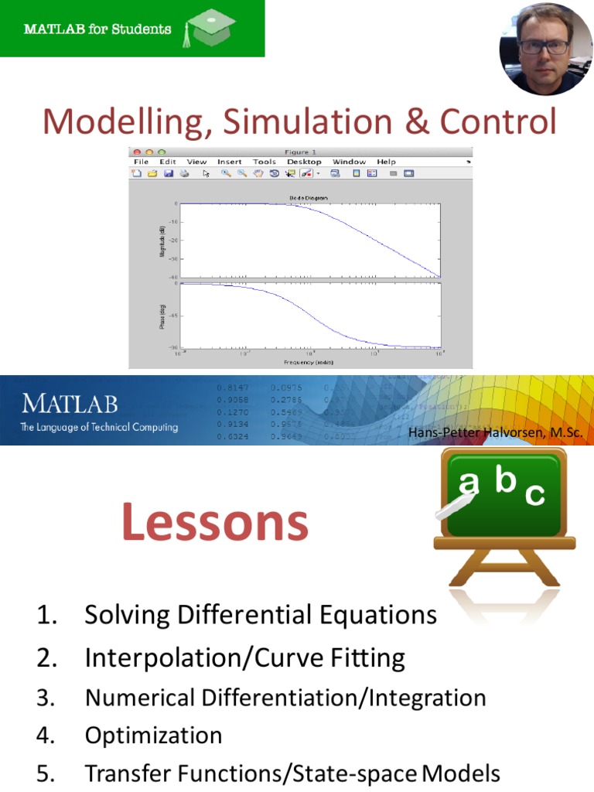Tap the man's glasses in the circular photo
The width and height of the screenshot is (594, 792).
pyautogui.click(x=544, y=47)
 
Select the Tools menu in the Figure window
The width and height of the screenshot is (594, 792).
pyautogui.click(x=264, y=162)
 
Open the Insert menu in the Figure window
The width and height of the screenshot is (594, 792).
pyautogui.click(x=230, y=162)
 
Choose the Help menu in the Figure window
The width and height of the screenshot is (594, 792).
pyautogui.click(x=386, y=162)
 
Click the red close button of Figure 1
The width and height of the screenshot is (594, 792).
pyautogui.click(x=137, y=152)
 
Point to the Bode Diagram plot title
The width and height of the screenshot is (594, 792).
pyautogui.click(x=309, y=198)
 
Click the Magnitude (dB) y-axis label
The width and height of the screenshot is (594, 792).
pyautogui.click(x=162, y=241)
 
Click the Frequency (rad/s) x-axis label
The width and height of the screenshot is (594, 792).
pyautogui.click(x=309, y=361)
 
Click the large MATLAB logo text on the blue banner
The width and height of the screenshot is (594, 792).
pyautogui.click(x=70, y=404)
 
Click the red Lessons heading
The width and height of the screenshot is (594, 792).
pyautogui.click(x=215, y=523)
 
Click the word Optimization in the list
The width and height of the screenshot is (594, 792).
pyautogui.click(x=153, y=735)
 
